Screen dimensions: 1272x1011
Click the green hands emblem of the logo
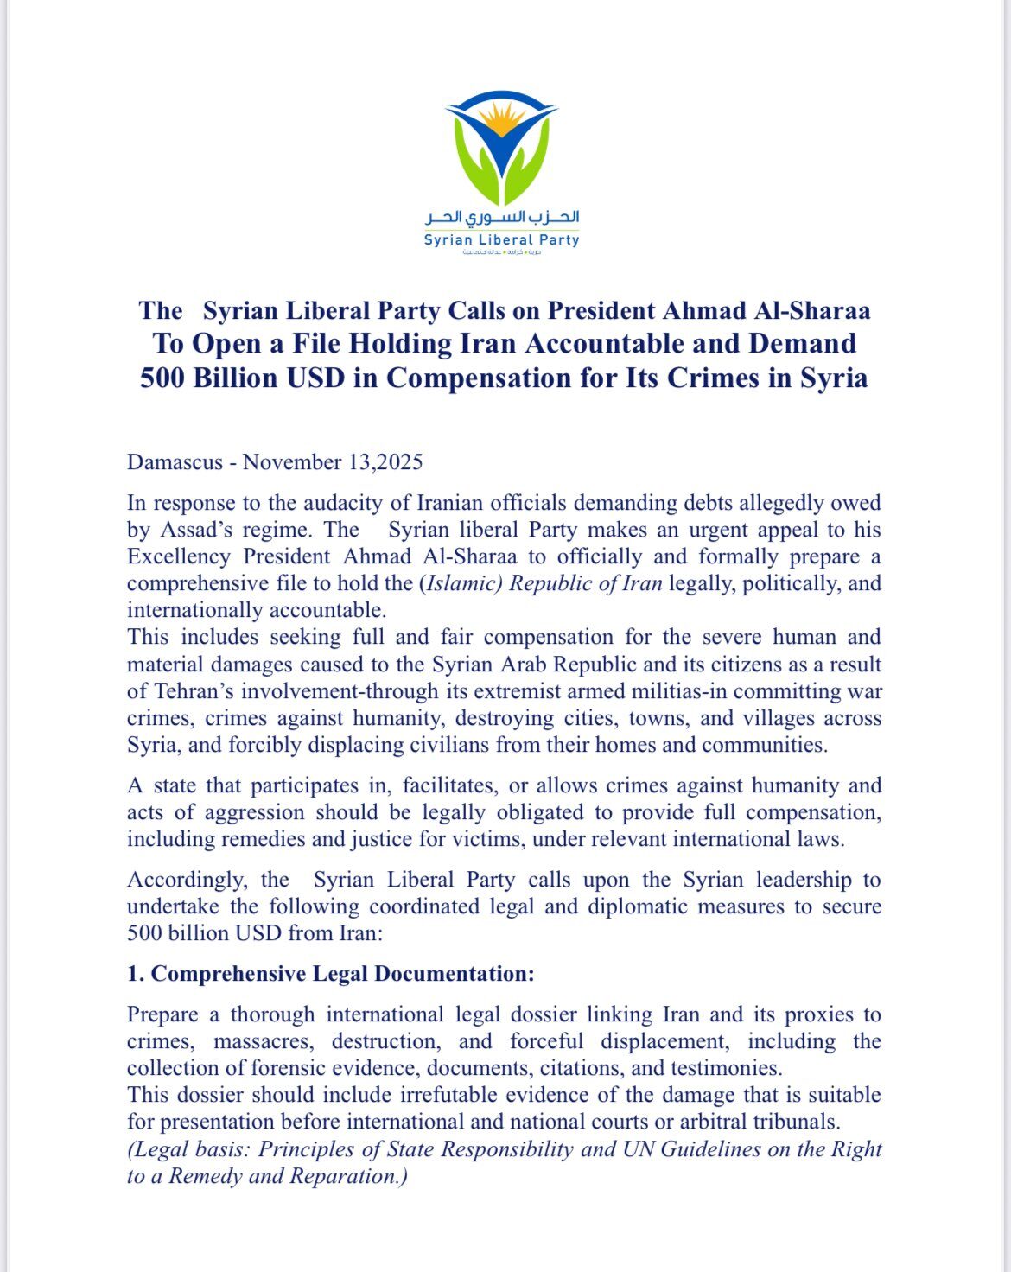coord(502,164)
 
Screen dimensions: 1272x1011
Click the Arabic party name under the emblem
coord(502,217)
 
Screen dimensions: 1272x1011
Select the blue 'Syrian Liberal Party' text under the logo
coord(501,240)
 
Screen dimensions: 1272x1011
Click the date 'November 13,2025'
coord(333,462)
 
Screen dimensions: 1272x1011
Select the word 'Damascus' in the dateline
coord(174,462)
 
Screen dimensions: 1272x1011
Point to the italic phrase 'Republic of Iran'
coord(585,583)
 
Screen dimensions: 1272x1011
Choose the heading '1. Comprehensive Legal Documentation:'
coord(331,974)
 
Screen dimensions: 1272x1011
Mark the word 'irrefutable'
coord(447,1095)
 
